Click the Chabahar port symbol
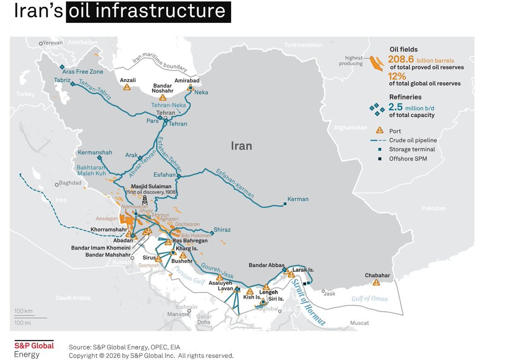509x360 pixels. click(377, 283)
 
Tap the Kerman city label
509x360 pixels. click(298, 199)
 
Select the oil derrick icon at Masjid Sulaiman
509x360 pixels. click(145, 199)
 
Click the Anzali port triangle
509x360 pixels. click(127, 87)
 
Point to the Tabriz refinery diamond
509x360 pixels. click(72, 84)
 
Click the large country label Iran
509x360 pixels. click(241, 146)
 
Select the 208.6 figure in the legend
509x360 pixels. click(401, 60)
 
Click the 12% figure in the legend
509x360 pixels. click(397, 76)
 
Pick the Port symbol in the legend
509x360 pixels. click(380, 131)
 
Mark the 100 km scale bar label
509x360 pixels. click(23, 311)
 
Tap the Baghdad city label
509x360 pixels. click(70, 183)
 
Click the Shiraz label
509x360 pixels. click(222, 229)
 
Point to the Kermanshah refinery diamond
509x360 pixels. click(99, 158)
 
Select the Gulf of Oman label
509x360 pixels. click(369, 299)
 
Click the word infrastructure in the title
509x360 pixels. click(148, 11)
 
